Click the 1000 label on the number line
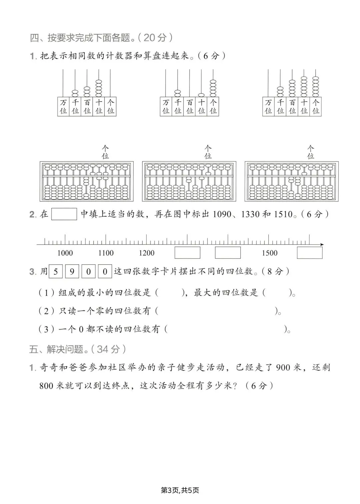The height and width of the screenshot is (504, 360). point(65,253)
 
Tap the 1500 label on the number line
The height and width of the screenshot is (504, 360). point(269,253)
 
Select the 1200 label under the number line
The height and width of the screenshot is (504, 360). point(147,253)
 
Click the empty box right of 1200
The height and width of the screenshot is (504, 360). point(187,253)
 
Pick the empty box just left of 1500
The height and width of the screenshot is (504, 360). point(228,253)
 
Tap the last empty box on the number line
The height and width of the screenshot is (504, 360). point(310,253)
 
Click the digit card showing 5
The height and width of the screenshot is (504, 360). point(56,272)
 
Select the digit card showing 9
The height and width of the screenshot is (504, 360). point(72,272)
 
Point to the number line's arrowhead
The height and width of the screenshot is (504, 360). point(322,245)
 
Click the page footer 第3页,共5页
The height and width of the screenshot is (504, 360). point(180,490)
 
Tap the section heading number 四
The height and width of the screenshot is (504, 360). point(34,38)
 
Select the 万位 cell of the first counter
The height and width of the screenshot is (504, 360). point(63,106)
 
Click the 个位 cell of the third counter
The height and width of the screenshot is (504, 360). point(316,106)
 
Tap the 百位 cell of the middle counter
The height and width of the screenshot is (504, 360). point(190,106)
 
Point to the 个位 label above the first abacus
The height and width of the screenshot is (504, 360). point(105,152)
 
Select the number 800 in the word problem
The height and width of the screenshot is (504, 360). point(46,386)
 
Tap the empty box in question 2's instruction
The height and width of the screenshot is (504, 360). point(64,214)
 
